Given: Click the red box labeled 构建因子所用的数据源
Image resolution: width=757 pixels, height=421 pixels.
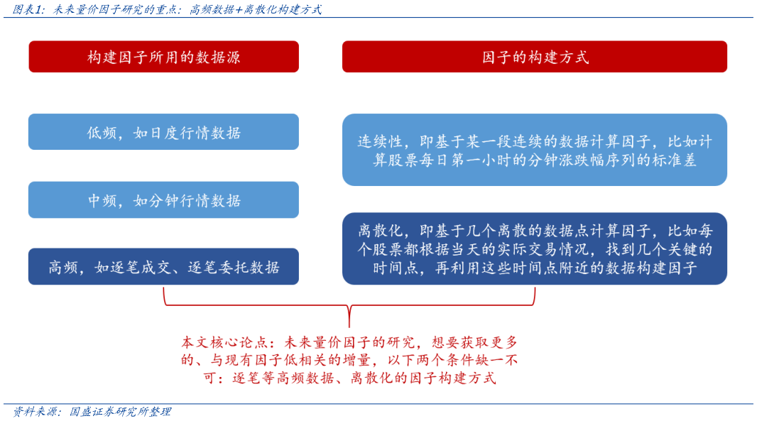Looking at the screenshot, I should coord(163,57).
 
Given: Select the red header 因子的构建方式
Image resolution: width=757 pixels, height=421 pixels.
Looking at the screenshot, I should coord(534,57).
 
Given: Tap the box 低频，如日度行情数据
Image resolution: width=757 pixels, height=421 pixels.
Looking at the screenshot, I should coord(163,132).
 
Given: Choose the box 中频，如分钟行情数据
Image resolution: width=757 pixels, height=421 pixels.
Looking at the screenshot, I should coord(163,200).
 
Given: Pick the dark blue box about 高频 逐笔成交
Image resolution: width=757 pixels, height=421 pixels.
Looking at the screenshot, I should coord(163,267).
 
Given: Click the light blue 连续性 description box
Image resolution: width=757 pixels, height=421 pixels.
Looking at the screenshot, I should coord(534,150).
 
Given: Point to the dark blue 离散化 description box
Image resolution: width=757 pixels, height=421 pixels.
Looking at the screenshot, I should coord(534,249).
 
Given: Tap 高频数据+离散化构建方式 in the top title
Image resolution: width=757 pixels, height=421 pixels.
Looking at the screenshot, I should coord(255,10).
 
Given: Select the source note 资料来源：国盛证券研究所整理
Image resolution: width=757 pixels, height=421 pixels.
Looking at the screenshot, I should coord(92,412).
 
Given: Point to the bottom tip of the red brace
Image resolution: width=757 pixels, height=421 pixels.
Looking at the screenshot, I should coord(349,325).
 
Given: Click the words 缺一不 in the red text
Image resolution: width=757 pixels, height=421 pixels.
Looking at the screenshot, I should coord(494,360).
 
